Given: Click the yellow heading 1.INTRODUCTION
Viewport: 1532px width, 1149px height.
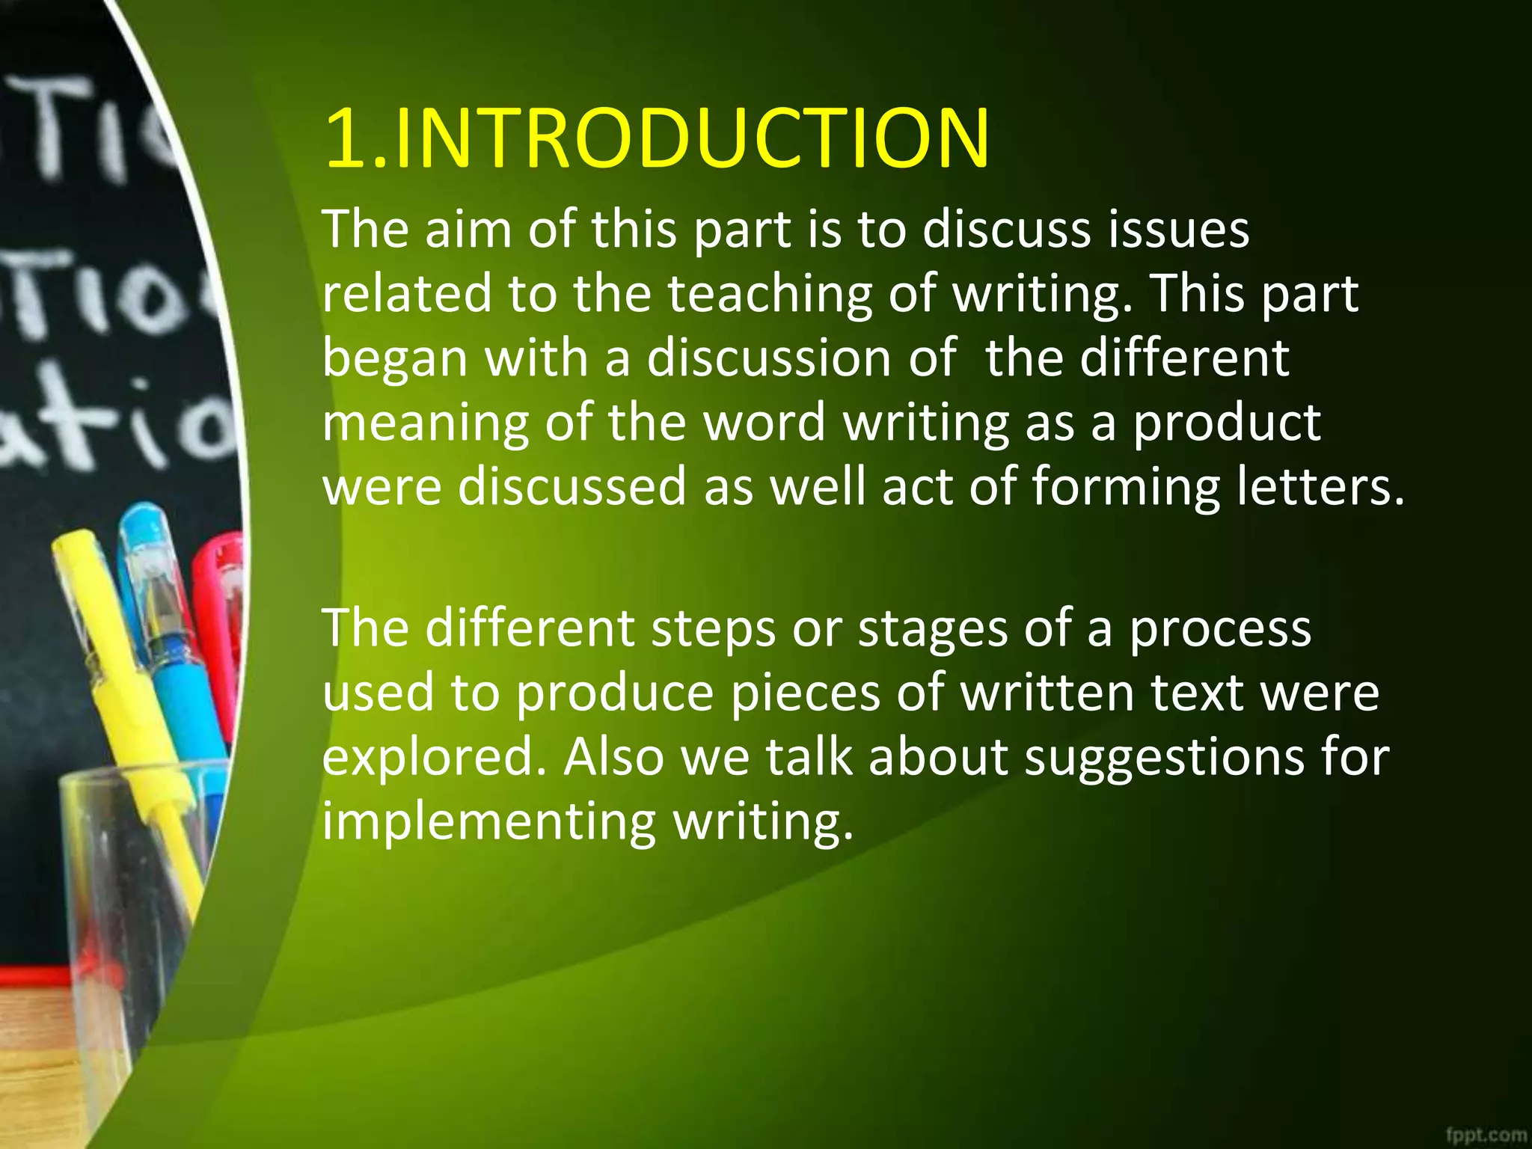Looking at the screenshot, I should click(657, 138).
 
